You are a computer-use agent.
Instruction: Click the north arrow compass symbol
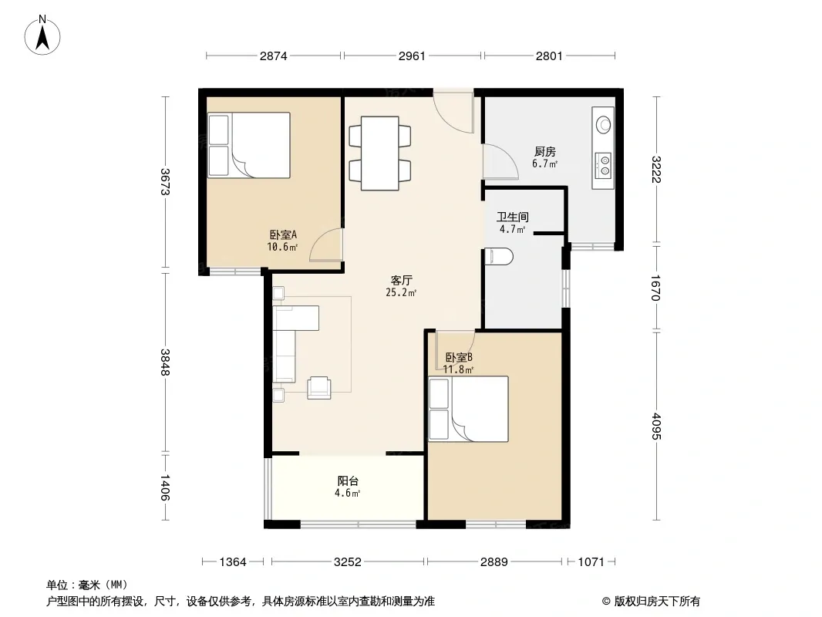(x=42, y=35)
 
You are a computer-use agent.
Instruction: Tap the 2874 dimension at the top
(x=274, y=56)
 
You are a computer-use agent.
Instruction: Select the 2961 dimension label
(x=412, y=56)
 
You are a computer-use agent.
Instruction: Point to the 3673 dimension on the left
(x=164, y=181)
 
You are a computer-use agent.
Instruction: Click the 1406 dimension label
(x=164, y=487)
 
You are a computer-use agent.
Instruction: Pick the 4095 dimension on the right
(x=656, y=427)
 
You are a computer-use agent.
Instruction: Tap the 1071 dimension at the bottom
(x=591, y=562)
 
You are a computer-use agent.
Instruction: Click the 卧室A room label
(x=283, y=235)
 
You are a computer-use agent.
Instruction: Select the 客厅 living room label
(x=401, y=281)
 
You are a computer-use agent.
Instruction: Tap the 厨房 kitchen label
(x=544, y=151)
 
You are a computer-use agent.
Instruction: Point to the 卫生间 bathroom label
(x=513, y=217)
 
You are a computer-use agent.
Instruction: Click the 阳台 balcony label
(x=348, y=480)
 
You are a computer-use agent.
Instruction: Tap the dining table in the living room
(x=380, y=153)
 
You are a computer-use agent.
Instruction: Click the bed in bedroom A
(x=249, y=145)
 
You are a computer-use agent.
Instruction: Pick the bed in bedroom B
(x=468, y=409)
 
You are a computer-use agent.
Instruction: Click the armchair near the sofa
(x=318, y=388)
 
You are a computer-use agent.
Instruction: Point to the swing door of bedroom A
(x=326, y=244)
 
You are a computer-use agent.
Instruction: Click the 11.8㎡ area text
(x=458, y=369)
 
